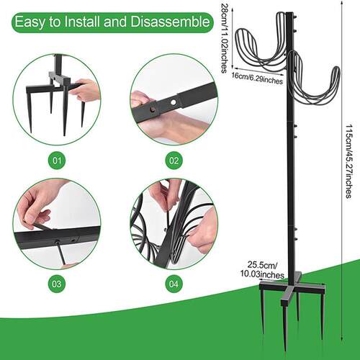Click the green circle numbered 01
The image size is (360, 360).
coord(57,161)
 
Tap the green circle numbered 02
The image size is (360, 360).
coord(174,161)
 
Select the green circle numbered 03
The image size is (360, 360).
coord(57,284)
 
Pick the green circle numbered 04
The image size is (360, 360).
coord(174,284)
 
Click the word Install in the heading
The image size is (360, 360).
coord(82,22)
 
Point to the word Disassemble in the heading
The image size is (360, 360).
coord(170,22)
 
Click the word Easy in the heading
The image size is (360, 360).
coord(30,22)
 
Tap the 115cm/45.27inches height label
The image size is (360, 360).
coord(348,161)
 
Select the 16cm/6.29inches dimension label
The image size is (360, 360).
coord(257,78)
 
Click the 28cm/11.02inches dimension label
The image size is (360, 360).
coord(224,38)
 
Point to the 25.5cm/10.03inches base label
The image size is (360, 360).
coord(263,270)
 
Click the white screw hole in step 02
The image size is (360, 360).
coord(173,103)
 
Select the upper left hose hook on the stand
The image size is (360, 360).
coord(261,45)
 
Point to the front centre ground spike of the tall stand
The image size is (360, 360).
coord(285,329)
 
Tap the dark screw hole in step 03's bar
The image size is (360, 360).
coord(57,242)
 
